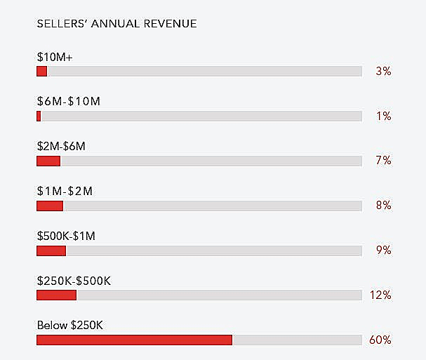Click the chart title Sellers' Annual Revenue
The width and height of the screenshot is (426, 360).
[117, 24]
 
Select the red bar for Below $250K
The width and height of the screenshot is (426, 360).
[134, 340]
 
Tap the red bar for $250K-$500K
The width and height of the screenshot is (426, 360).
[56, 295]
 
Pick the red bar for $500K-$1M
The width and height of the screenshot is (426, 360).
[51, 251]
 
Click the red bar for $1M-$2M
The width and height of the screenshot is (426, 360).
[50, 206]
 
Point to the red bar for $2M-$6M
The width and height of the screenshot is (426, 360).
[48, 161]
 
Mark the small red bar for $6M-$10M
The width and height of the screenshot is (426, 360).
[39, 116]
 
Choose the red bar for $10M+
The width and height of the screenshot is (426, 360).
[41, 71]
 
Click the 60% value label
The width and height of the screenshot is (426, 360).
[380, 340]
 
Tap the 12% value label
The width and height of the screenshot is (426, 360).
[380, 295]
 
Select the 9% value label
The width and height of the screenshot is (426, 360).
[383, 251]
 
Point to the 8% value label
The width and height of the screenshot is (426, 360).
[383, 206]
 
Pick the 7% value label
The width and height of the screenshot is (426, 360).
[383, 161]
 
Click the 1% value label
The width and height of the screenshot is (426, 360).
[383, 116]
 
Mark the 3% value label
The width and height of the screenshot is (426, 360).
[383, 71]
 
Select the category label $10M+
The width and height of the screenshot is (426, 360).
[55, 56]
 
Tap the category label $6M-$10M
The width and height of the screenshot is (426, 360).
[69, 101]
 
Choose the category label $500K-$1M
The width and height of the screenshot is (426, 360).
[66, 236]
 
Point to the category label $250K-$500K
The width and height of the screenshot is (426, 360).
[74, 281]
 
